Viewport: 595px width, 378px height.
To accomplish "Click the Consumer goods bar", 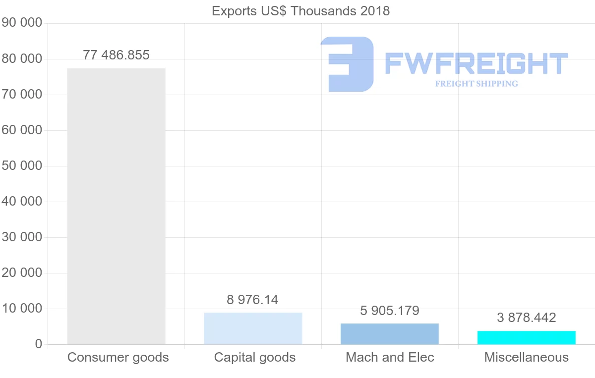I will [x=116, y=206].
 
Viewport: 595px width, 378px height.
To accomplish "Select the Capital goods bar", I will [x=253, y=328].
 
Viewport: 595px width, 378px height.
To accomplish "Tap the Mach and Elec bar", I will [x=390, y=334].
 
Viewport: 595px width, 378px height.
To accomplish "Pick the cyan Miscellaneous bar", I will [x=527, y=337].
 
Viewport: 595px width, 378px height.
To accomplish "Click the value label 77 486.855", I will [x=116, y=55].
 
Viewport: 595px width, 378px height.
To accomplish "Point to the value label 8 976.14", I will [x=253, y=300].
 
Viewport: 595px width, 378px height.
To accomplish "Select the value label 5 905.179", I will [x=390, y=311].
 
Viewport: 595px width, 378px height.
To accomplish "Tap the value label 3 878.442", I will [x=527, y=318].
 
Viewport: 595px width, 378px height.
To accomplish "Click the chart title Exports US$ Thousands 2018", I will [x=301, y=11].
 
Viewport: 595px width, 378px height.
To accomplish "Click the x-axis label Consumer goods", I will [x=118, y=357].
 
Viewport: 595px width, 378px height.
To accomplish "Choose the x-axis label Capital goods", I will [x=255, y=357].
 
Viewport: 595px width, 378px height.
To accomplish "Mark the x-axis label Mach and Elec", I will [x=390, y=357].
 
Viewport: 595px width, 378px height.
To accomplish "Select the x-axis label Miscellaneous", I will [x=527, y=357].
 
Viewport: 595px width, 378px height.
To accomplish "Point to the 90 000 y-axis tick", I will [x=22, y=23].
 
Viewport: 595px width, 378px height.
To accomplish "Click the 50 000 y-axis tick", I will [x=22, y=166].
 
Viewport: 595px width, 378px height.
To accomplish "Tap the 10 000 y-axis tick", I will [x=22, y=309].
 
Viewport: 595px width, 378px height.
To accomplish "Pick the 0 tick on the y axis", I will [x=38, y=344].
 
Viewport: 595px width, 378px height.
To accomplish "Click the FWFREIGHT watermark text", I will [x=476, y=64].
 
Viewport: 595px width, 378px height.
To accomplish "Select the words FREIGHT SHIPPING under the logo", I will [x=476, y=84].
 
